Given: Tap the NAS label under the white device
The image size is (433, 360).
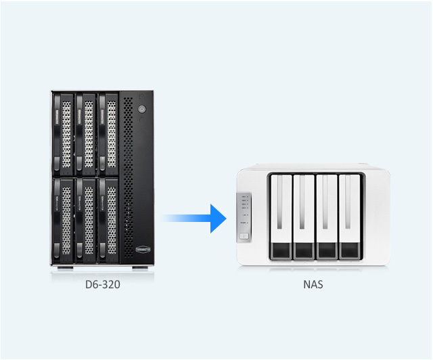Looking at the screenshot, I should tap(313, 285).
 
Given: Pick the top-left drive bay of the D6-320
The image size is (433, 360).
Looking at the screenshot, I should tap(64, 133).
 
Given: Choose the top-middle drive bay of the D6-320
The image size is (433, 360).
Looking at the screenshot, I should tap(86, 133).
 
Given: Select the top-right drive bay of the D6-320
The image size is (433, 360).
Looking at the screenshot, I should tap(108, 133).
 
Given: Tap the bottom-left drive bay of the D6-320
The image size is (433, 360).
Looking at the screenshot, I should tap(64, 219).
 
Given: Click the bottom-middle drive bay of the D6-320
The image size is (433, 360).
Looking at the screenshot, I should tap(86, 219).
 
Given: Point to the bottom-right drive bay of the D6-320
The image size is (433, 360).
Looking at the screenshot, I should tap(108, 219).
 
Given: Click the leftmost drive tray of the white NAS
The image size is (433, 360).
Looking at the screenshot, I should tap(280, 217).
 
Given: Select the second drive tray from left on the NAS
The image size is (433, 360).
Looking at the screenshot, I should tap(303, 217).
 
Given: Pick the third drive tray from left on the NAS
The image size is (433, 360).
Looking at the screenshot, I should tap(326, 217).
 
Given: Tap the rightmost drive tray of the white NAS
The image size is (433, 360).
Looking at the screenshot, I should tap(349, 217).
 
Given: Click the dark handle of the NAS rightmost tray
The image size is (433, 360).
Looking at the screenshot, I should tap(349, 252).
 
